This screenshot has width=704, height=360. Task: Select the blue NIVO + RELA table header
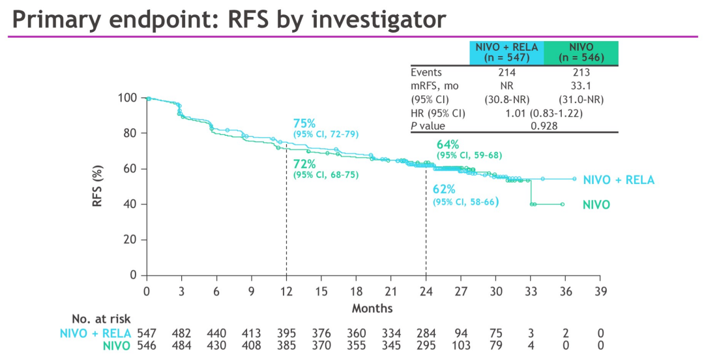[506, 52]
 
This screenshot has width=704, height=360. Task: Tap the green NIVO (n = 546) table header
[581, 52]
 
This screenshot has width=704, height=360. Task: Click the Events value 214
[506, 72]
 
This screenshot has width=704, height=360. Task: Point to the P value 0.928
[544, 125]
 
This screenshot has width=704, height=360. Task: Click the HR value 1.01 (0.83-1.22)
[544, 112]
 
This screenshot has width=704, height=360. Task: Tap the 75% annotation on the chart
[304, 124]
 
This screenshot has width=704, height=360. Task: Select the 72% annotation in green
[304, 164]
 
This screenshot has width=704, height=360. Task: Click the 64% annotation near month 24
[448, 144]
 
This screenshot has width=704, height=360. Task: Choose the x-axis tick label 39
[600, 291]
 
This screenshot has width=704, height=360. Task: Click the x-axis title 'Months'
[373, 307]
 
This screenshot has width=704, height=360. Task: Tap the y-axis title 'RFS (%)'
[97, 187]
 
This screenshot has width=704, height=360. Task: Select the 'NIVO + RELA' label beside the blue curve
[618, 180]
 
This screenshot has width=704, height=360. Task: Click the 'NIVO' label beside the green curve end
[596, 205]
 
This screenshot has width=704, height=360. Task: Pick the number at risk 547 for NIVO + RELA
[147, 333]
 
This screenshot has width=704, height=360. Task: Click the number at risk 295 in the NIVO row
[426, 346]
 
